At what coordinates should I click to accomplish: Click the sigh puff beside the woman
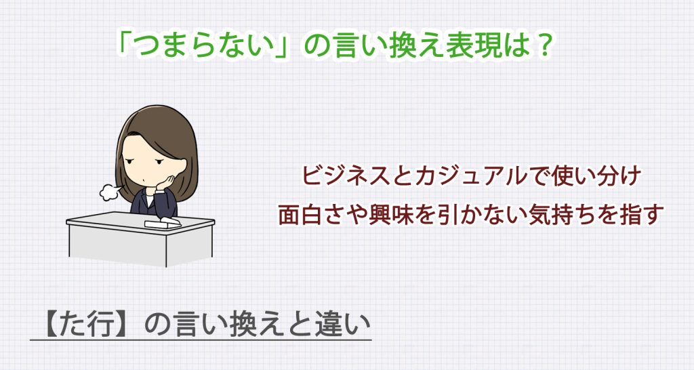[x=109, y=191]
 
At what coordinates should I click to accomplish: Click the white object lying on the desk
[x=163, y=223]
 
